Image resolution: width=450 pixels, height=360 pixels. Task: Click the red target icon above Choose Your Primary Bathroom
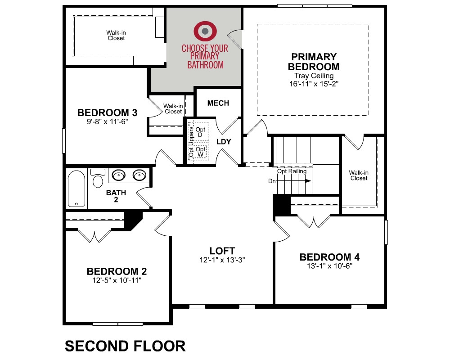pos(205,31)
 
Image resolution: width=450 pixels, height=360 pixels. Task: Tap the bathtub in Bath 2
pos(76,189)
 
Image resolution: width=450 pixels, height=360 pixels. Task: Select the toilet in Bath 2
pos(98,178)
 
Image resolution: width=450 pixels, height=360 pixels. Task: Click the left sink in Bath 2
pos(118,175)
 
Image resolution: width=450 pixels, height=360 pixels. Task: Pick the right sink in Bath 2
pos(139,175)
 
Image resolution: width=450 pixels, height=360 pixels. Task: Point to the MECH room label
pos(218,103)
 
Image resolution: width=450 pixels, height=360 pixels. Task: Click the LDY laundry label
pos(224,142)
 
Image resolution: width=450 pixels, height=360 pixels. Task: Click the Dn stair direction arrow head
pos(308,181)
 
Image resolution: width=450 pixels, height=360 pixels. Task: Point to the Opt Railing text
pos(292,171)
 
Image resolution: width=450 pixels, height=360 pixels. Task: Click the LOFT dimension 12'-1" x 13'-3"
pos(222,260)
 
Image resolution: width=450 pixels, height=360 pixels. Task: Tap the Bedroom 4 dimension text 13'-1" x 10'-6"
pos(329,266)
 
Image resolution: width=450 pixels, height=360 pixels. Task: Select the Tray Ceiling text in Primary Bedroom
pos(314,76)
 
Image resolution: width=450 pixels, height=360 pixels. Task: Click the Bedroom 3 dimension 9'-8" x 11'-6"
pos(108,121)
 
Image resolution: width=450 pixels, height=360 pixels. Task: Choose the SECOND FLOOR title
pos(125,346)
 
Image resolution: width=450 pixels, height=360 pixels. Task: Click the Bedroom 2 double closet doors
pos(94,236)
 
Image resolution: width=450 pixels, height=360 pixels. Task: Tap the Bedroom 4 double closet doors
pos(314,221)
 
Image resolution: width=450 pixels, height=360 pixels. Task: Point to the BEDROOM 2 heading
pos(117,271)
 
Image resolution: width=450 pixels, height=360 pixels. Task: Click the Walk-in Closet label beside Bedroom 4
pos(359,175)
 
